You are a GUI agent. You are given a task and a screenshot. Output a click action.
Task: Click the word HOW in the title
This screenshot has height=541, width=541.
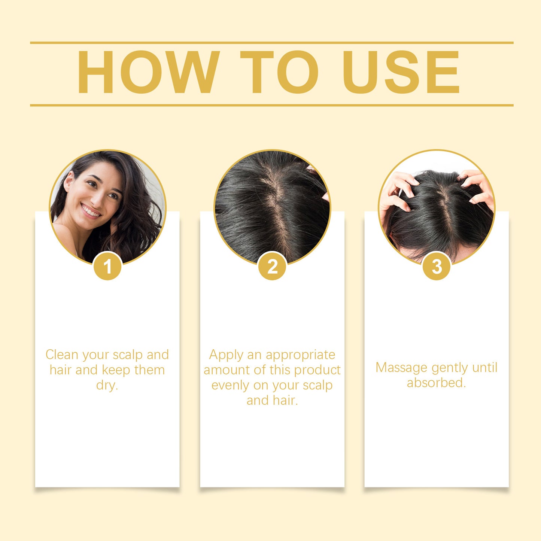pos(148,72)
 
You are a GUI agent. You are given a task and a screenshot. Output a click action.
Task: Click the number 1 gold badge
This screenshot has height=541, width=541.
pos(108,266)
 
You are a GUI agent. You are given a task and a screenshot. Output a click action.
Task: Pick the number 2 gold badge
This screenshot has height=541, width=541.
pos(272,266)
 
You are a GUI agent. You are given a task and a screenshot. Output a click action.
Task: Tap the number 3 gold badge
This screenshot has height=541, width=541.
pos(437,266)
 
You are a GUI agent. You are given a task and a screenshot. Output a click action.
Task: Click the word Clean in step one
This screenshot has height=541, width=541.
pos(62,355)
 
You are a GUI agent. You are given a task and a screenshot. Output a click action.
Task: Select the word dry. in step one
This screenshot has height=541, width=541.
pos(107,385)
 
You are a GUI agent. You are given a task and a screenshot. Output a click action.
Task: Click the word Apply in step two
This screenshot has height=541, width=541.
pos(226,355)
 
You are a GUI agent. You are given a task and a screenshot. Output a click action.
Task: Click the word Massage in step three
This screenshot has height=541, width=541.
pos(401,368)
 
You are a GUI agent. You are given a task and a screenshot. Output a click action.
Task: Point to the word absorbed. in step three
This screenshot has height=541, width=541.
pos(437,383)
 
